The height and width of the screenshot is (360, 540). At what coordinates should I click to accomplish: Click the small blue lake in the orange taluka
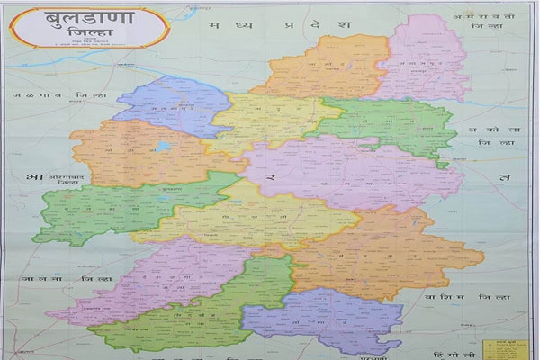coord(162,145)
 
